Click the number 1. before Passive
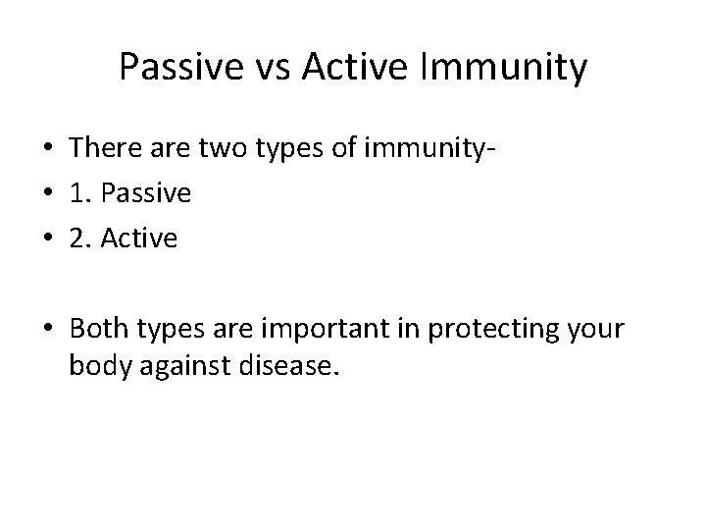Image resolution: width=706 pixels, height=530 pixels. pos(81,194)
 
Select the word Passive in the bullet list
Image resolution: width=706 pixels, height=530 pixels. pos(145,194)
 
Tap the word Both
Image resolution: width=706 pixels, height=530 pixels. pos(101,327)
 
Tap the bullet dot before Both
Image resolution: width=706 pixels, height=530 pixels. pos(47,328)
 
